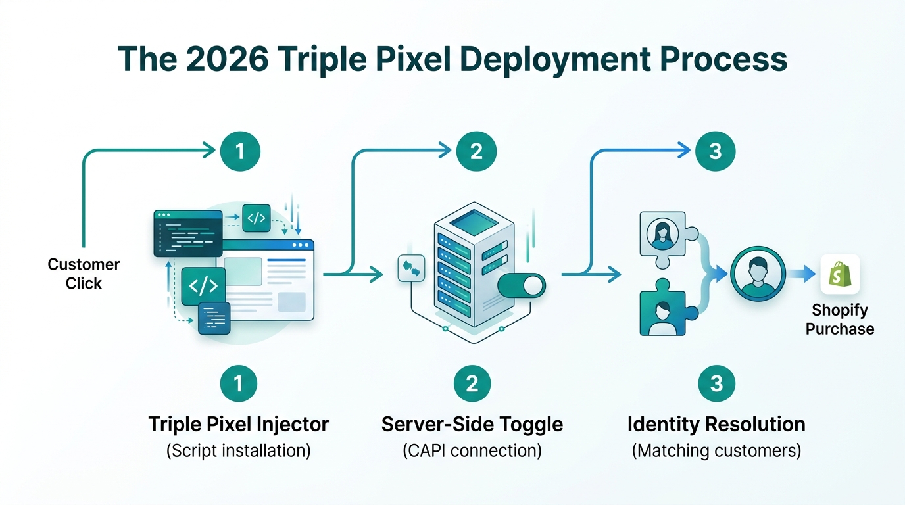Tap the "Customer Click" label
pos(84,274)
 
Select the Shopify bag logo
pos(840,274)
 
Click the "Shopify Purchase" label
pos(840,320)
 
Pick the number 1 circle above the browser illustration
pos(239,152)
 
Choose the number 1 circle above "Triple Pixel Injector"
pos(237,383)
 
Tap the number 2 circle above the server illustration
pos(477,152)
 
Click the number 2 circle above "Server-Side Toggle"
pos(472,383)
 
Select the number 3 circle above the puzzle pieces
pos(716,152)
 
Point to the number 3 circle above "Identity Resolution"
pos(716,383)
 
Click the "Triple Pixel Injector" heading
pos(238,424)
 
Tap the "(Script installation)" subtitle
pos(238,452)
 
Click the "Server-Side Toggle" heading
pos(472,424)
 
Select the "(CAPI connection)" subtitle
pos(472,452)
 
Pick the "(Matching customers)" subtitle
pos(716,452)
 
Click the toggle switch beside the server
pos(522,285)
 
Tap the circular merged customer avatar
pos(758,274)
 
